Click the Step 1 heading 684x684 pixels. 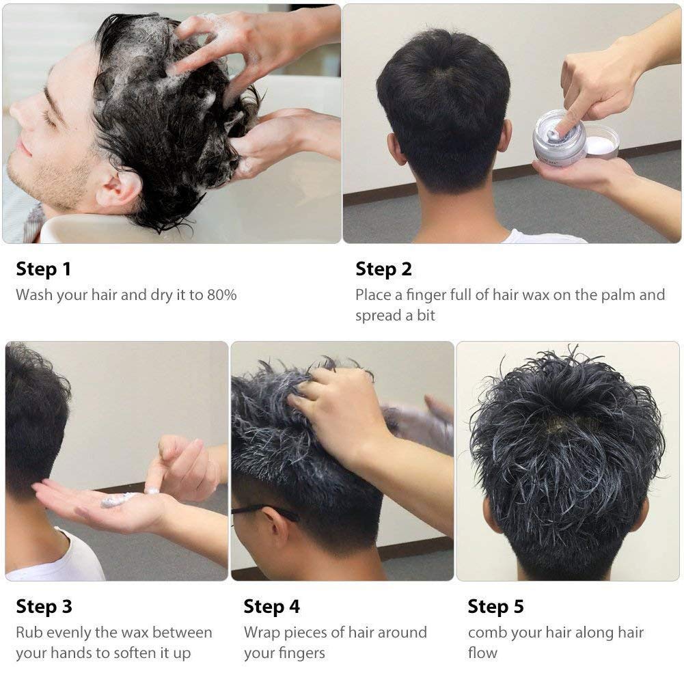(43, 269)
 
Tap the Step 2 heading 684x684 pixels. (383, 269)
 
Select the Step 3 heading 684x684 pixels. (44, 606)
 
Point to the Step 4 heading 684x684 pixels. (271, 606)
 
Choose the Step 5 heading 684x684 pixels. (495, 606)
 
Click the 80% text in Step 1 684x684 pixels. (221, 295)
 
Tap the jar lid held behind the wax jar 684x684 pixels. (602, 141)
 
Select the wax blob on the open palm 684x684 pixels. (118, 499)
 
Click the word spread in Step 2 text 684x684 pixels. (378, 316)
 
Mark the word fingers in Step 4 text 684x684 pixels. (303, 653)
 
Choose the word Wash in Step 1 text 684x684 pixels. (34, 295)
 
